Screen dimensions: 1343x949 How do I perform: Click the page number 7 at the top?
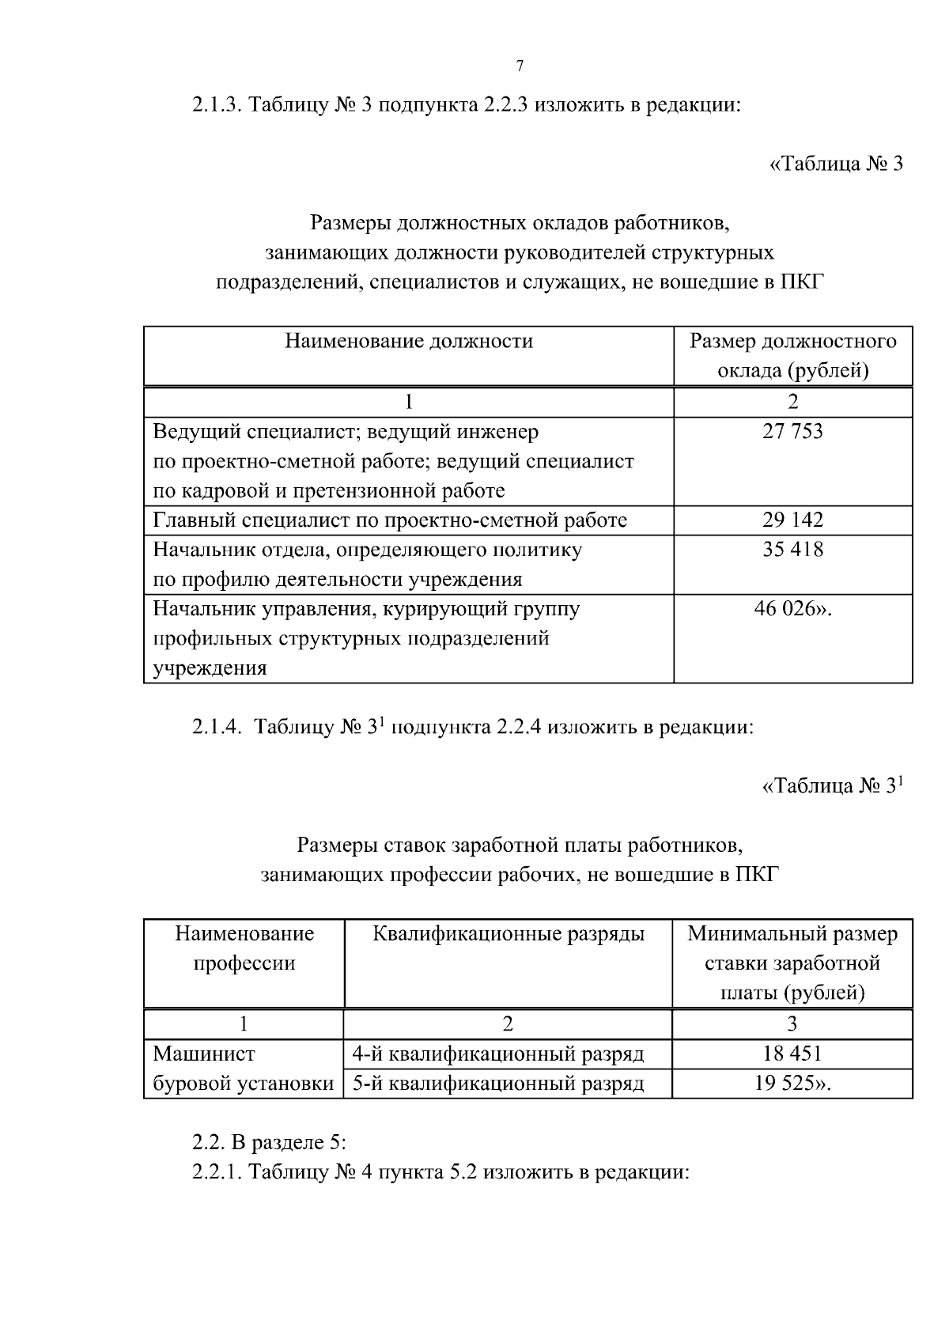520,66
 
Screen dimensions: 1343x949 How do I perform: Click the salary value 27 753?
792,432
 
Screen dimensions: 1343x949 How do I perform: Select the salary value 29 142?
792,520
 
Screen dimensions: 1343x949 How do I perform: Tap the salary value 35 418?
792,550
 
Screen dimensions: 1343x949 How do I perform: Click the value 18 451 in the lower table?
792,1054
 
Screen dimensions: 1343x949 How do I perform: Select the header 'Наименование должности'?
409,342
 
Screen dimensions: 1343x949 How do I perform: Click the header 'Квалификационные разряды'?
509,935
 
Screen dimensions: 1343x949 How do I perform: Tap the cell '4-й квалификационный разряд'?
498,1054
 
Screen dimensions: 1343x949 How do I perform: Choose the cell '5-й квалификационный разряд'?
498,1084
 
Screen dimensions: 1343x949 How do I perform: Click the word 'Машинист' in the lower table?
204,1054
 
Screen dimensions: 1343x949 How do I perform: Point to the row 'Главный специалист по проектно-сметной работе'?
390,520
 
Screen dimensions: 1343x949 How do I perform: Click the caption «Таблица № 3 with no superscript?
836,165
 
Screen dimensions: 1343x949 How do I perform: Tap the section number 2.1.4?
217,728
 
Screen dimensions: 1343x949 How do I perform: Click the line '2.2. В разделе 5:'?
270,1144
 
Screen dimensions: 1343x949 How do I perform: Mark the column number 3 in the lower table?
792,1024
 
